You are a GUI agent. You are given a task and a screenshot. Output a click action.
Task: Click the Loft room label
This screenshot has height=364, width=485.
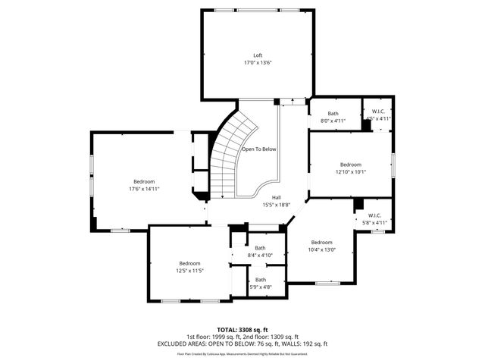pyautogui.click(x=258, y=55)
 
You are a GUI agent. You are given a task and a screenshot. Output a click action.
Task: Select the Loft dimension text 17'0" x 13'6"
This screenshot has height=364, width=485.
pyautogui.click(x=258, y=63)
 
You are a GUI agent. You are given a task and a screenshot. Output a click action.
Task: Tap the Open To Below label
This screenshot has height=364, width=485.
pyautogui.click(x=258, y=149)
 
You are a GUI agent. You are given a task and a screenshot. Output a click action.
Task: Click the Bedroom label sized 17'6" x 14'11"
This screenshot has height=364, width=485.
pyautogui.click(x=144, y=181)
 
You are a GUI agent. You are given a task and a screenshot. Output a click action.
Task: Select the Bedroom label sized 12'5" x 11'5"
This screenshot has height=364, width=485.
pyautogui.click(x=190, y=263)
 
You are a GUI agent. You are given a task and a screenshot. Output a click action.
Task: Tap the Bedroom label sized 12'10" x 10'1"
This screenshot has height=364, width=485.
pyautogui.click(x=350, y=165)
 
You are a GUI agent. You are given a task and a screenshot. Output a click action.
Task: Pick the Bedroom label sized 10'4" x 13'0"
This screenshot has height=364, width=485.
pyautogui.click(x=321, y=242)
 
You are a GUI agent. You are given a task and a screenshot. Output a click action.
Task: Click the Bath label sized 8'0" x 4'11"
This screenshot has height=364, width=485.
pyautogui.click(x=333, y=113)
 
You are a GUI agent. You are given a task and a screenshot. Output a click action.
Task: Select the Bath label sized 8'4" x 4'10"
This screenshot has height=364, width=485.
pyautogui.click(x=260, y=248)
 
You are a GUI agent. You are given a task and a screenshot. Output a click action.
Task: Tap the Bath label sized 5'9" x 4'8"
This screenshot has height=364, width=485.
pyautogui.click(x=260, y=280)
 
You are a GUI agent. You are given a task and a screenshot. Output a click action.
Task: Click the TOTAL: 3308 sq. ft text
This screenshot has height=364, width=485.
pyautogui.click(x=242, y=330)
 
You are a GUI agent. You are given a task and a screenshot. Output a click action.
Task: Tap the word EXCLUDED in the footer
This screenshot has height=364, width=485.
pyautogui.click(x=175, y=344)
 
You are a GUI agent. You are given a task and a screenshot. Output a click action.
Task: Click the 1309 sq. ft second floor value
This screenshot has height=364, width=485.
pyautogui.click(x=283, y=337)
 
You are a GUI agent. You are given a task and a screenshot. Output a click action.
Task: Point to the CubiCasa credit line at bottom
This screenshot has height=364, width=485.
pyautogui.click(x=242, y=353)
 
